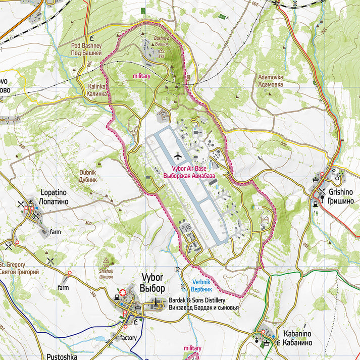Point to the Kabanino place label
point(297,334)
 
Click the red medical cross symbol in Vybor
point(122,292)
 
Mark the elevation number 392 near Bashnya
point(161,57)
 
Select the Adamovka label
point(270,77)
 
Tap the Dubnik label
point(87,172)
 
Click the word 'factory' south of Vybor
point(129,337)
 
